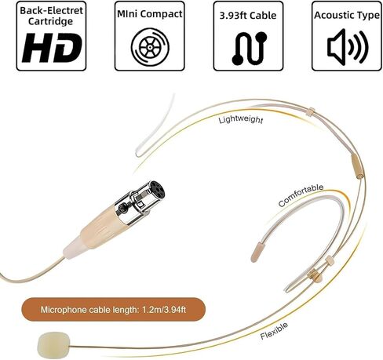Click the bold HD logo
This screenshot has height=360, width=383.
52,48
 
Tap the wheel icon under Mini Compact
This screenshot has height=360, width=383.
150,47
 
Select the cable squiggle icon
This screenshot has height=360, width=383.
250,49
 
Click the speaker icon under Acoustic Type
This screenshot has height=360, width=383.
348,47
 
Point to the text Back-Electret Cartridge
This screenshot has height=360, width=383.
51,16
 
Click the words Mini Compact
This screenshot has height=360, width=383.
150,14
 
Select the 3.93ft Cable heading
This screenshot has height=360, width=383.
248,16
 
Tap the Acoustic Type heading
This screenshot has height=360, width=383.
347,15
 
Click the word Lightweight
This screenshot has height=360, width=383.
241,119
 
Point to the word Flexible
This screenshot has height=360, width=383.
274,330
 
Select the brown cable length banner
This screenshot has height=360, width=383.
113,310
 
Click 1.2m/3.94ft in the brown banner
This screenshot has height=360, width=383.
164,310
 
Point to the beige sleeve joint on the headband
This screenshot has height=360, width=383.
357,166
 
